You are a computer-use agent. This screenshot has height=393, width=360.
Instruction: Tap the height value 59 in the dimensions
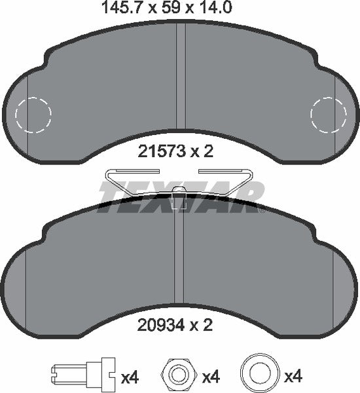pos(167,8)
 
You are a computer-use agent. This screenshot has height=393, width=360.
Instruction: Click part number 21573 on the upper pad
pos(158,151)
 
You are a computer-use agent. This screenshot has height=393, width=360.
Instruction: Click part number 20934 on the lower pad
pos(158,323)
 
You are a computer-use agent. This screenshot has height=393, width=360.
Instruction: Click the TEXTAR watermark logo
pos(180,194)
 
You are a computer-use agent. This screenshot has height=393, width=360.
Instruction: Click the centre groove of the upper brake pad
pos(179,79)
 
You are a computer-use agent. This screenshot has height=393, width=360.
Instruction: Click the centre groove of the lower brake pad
pos(180,262)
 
